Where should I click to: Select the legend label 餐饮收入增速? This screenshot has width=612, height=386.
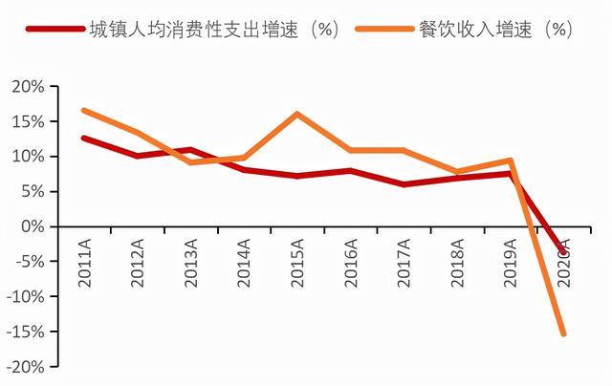[490, 28]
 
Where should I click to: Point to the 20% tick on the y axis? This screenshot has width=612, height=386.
[29, 86]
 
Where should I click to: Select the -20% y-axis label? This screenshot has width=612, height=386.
[26, 367]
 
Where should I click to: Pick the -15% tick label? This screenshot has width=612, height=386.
[26, 332]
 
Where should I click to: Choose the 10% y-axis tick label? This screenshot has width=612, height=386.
[29, 157]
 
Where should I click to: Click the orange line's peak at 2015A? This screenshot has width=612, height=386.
[297, 114]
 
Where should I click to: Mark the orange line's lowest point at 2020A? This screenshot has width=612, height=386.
[563, 333]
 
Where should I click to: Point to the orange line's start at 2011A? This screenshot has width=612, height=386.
[85, 111]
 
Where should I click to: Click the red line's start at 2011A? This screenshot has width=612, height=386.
[85, 138]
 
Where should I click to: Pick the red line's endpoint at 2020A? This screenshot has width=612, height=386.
[563, 252]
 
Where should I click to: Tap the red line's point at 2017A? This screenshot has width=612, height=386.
[404, 184]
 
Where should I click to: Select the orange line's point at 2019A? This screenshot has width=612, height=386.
[511, 161]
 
